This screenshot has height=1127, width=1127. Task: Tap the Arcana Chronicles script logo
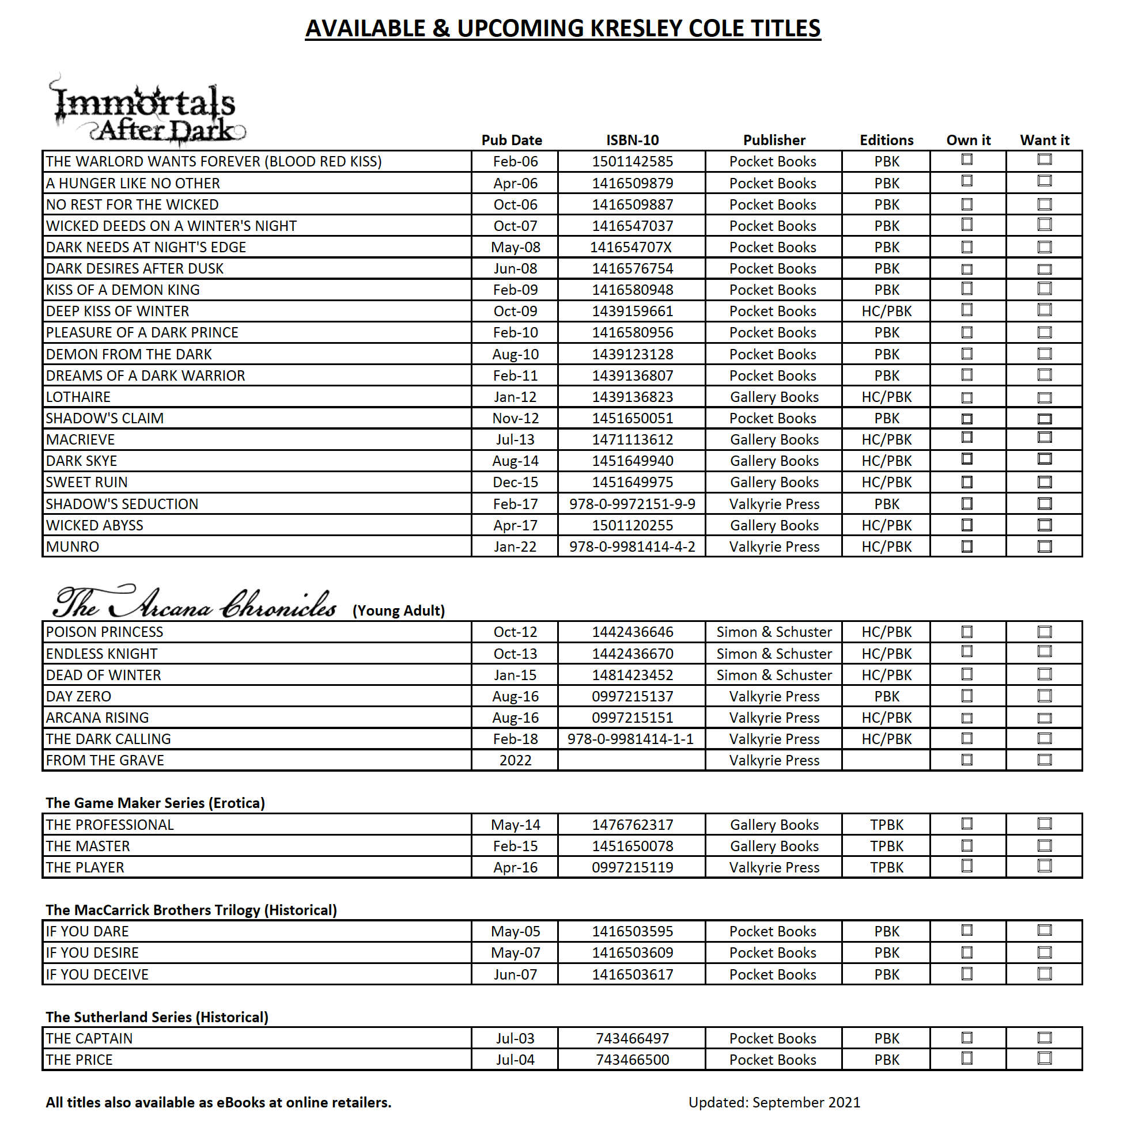click(x=195, y=602)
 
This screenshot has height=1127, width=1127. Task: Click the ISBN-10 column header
click(x=632, y=140)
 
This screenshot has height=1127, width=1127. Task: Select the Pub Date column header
click(x=511, y=140)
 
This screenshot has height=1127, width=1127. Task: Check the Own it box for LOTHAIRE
click(x=967, y=397)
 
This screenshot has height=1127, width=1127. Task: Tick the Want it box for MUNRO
click(x=1044, y=547)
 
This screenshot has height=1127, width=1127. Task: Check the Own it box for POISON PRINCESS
click(x=967, y=632)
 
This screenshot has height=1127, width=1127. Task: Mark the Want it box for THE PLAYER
click(x=1044, y=866)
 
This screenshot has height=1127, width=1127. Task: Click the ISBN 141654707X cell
click(x=631, y=247)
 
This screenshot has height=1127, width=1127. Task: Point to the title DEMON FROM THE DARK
click(x=129, y=354)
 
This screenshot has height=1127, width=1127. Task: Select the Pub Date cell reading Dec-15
click(x=515, y=483)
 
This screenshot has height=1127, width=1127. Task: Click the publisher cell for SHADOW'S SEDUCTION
click(x=774, y=504)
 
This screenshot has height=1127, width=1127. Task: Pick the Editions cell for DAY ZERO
click(x=887, y=696)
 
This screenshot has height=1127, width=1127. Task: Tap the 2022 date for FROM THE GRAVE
click(x=515, y=761)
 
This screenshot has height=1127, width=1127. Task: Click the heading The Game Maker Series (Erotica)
click(x=155, y=803)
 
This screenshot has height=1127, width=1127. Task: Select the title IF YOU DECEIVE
click(x=97, y=974)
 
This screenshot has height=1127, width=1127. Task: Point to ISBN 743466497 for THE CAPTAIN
click(x=632, y=1038)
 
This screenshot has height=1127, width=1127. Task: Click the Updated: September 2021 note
click(x=774, y=1102)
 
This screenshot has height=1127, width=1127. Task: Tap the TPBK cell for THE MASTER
click(x=887, y=846)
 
